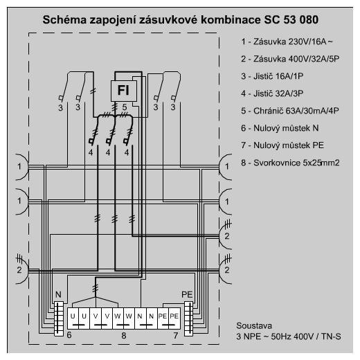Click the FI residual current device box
pos(124,91)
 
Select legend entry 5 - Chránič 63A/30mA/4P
pos(290,111)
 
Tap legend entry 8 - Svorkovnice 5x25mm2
pos(290,163)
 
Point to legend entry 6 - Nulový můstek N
pos(280,128)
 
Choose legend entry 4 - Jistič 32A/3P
pos(272,93)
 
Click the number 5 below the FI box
pos(125,107)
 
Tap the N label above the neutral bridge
pos(58,295)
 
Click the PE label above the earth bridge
pos(187,295)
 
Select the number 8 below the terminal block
pos(124,336)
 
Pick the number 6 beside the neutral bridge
pos(69,335)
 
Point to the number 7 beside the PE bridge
pos(176,336)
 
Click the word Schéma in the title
pos(64,20)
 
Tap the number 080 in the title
pos(309,20)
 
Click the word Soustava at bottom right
pos(254,325)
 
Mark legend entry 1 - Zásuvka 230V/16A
pos(287,42)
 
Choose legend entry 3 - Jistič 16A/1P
pos(272,76)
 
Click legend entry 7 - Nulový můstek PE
pos(282,145)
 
